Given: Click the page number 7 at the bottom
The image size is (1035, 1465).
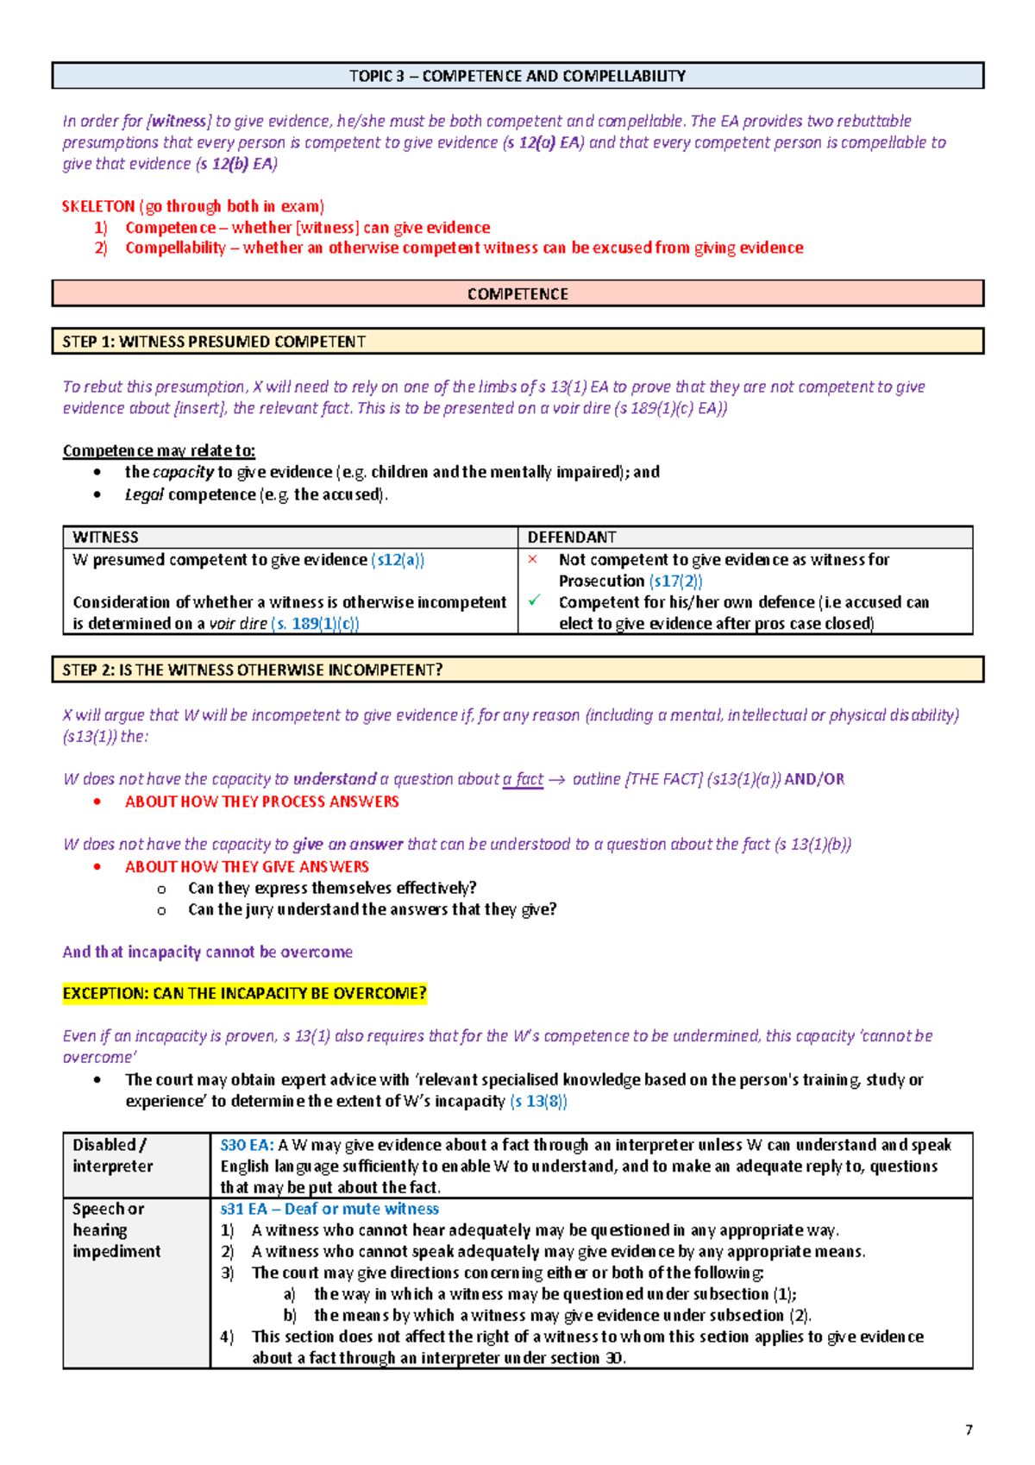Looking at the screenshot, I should click(969, 1430).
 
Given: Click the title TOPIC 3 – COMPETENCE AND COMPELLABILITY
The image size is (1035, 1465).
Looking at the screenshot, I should click(517, 76).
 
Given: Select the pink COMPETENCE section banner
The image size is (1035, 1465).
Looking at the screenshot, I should click(517, 293).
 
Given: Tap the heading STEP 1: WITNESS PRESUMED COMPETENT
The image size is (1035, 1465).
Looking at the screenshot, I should click(214, 342).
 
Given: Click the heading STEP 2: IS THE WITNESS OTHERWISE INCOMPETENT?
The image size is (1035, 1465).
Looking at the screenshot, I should click(252, 670).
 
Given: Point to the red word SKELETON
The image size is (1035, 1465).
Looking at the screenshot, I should click(98, 206).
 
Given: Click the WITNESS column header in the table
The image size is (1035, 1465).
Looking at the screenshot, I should click(105, 537).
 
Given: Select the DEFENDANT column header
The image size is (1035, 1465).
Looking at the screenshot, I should click(572, 537).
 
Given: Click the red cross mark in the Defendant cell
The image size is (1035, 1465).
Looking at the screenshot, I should click(533, 559).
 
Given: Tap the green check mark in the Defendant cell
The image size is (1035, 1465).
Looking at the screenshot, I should click(534, 600).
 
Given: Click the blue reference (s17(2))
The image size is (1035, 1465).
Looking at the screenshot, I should click(675, 581).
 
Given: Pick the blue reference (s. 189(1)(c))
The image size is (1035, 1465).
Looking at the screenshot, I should click(315, 623).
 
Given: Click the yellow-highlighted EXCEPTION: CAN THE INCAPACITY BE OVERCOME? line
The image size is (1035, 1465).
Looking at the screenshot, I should click(244, 993).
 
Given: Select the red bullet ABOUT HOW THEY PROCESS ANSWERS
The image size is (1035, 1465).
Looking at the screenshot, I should click(261, 802).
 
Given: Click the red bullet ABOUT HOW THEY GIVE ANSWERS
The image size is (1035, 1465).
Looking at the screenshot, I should click(247, 866).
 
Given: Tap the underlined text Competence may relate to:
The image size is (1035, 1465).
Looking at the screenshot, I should click(159, 450).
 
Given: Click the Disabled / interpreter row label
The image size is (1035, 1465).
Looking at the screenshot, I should click(112, 1155).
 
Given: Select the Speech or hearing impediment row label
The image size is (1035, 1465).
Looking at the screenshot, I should click(116, 1229).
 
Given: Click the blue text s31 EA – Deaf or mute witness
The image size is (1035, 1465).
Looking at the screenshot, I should click(329, 1209).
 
